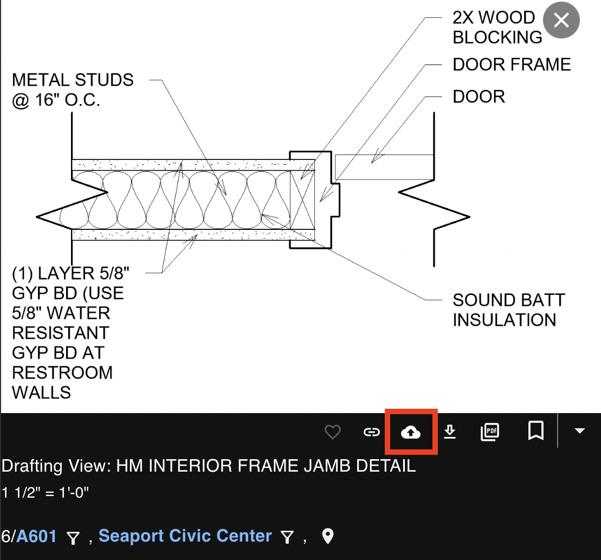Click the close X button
[x=561, y=20]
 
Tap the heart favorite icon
[x=332, y=432]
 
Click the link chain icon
[x=371, y=433]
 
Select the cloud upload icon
[x=410, y=433]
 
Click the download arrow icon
[x=450, y=432]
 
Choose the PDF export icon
[x=490, y=432]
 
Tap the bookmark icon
[x=536, y=430]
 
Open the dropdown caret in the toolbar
[x=579, y=431]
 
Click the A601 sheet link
[x=36, y=536]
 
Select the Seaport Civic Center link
[x=185, y=536]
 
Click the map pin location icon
[x=328, y=536]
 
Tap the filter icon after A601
[x=73, y=538]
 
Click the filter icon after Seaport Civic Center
[x=287, y=537]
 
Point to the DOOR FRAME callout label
[x=512, y=65]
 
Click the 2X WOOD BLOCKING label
[x=497, y=27]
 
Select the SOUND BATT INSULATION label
[x=509, y=310]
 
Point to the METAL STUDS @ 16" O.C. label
[x=73, y=89]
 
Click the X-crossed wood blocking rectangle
[x=302, y=199]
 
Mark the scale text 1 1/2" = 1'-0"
[x=45, y=492]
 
